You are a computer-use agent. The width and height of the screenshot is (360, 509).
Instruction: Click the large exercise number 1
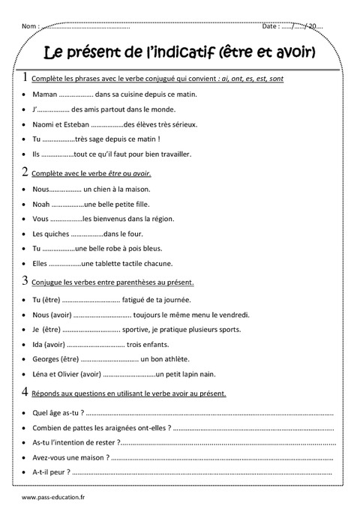[x=26, y=77]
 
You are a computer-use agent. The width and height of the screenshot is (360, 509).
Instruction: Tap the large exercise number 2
[x=26, y=172]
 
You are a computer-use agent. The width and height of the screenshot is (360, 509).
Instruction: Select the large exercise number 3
[x=26, y=282]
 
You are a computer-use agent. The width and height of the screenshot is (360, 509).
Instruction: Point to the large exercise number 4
[x=26, y=392]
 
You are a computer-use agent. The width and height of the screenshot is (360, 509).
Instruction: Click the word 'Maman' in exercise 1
[x=45, y=96]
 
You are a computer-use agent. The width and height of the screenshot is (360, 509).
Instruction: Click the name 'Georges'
[x=49, y=358]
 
